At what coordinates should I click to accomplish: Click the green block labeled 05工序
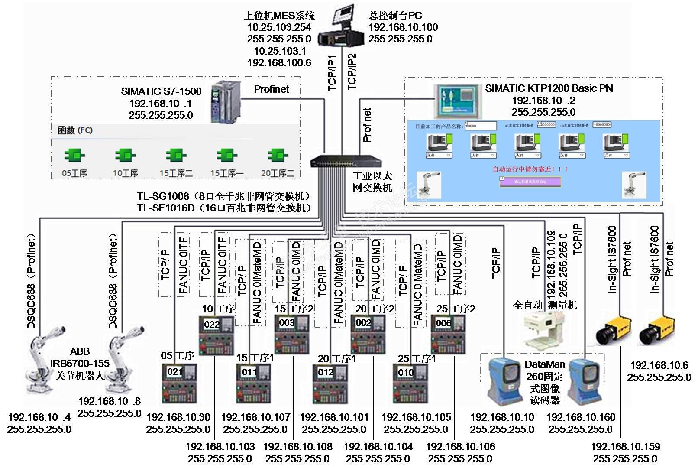click(x=74, y=156)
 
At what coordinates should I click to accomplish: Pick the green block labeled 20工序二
click(x=277, y=156)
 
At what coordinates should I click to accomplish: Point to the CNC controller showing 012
click(x=330, y=384)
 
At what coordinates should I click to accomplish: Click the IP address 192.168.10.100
click(x=403, y=27)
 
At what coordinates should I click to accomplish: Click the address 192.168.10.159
click(x=625, y=446)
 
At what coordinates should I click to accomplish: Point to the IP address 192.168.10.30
click(x=178, y=417)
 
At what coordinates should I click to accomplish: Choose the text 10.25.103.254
click(x=279, y=27)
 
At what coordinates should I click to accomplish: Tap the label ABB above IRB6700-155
click(x=80, y=351)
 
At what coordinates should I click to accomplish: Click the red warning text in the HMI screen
click(x=530, y=169)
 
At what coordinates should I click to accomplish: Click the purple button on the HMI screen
click(x=530, y=182)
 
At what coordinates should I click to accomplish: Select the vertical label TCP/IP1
click(x=332, y=73)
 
